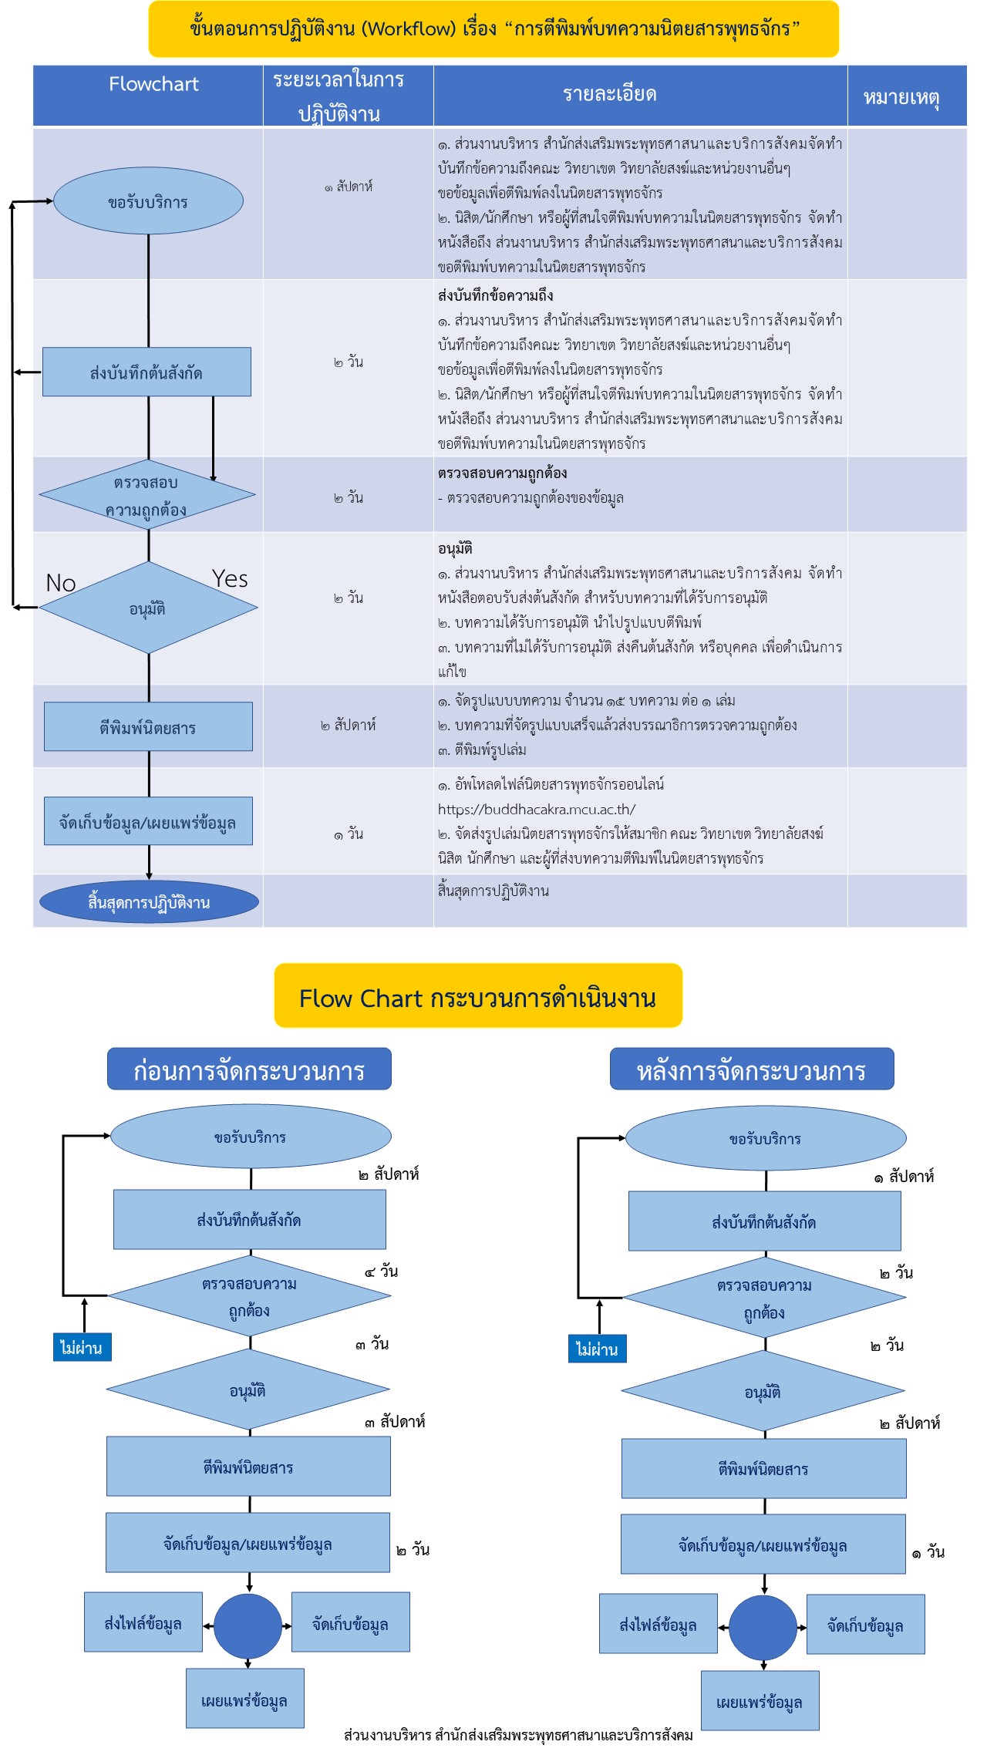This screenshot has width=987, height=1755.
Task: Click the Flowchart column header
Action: coord(153,84)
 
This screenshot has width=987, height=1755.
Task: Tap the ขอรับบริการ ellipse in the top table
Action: coord(148,202)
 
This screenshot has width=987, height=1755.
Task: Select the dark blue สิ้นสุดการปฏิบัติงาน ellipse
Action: coord(149,902)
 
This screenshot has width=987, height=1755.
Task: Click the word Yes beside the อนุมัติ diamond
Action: coord(230,579)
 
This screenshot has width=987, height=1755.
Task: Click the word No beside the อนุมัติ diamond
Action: coord(61,583)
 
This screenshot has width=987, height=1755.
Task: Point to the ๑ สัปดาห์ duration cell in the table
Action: coord(349,187)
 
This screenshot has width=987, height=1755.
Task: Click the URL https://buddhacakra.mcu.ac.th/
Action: coord(537,810)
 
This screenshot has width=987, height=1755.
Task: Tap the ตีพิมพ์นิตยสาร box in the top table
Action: coord(148,727)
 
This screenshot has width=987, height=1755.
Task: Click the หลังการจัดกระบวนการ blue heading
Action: coord(752,1070)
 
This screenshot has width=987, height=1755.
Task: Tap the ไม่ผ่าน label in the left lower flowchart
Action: coord(82,1348)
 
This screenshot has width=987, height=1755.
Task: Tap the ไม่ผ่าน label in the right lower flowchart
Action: coord(597,1349)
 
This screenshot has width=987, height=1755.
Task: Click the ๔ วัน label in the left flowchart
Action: coord(382,1272)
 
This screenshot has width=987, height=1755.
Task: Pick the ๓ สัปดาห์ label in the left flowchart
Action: coord(395,1422)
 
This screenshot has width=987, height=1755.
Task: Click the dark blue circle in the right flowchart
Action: coord(763,1627)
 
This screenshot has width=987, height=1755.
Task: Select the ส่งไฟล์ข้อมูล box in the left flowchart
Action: coord(143,1623)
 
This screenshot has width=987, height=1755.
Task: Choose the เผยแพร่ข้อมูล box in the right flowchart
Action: coord(760,1702)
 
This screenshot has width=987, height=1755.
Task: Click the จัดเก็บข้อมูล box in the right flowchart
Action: coord(865,1625)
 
